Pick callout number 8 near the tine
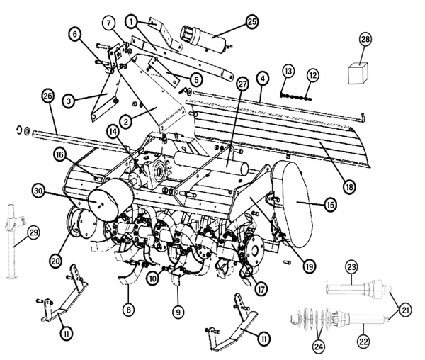128,309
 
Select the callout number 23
351,268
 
